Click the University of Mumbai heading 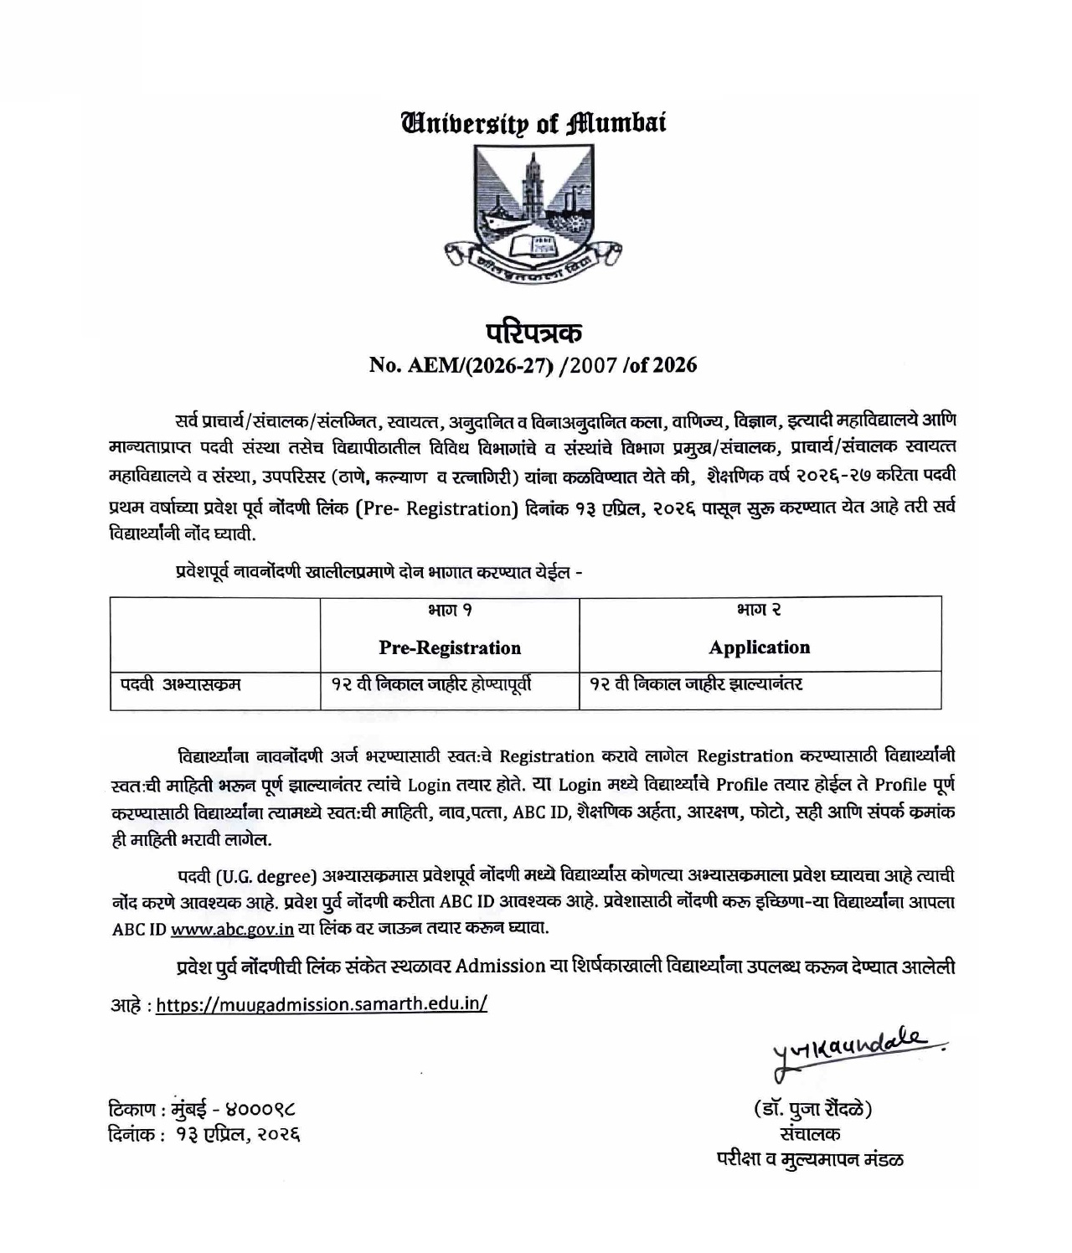coord(534,124)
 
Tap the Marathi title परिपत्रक coord(534,332)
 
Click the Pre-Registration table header coord(450,647)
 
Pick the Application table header coord(760,647)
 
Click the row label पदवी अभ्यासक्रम coord(180,684)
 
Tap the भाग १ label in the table coord(450,611)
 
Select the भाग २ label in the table coord(760,611)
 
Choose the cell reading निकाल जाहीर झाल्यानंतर coord(696,684)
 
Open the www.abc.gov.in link coord(232,928)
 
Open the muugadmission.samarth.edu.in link coord(322,1004)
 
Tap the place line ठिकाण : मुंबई coord(202,1110)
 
